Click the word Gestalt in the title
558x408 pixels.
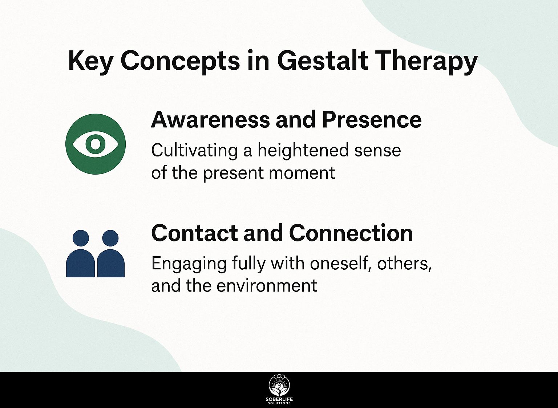(x=322, y=61)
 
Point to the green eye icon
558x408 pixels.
(x=96, y=144)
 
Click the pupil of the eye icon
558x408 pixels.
(x=96, y=144)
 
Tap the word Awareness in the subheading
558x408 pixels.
(x=210, y=120)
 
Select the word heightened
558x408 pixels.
(x=303, y=151)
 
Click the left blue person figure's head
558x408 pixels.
(x=81, y=238)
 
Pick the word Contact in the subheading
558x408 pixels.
(x=194, y=233)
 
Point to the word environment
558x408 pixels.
(x=267, y=286)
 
